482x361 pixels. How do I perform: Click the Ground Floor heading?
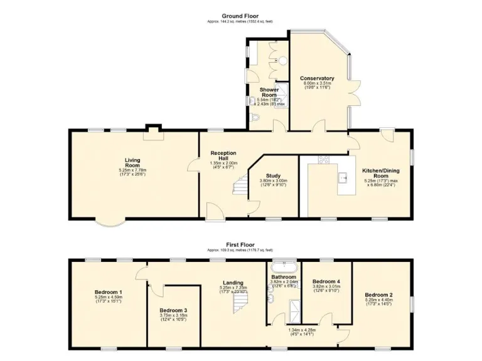point(241,15)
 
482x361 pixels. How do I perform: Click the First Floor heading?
point(241,244)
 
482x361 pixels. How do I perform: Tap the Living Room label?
point(132,162)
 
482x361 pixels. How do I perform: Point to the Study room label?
point(272,176)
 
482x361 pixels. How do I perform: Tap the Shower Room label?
point(269,92)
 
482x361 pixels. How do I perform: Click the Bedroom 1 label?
point(108,293)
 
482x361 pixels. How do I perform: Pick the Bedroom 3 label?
point(173,310)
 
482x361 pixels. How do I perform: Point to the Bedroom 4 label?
point(326,281)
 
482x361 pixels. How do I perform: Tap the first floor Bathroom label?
point(284,276)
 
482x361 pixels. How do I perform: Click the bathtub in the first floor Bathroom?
point(284,264)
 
